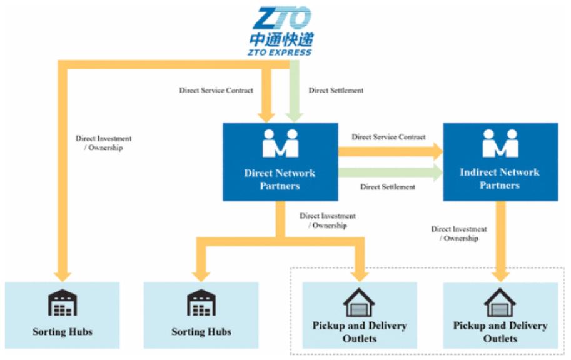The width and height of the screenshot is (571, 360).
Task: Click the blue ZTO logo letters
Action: click(x=282, y=17)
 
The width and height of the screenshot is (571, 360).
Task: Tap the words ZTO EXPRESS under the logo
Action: click(x=280, y=52)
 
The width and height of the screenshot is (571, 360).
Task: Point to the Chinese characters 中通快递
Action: click(x=281, y=39)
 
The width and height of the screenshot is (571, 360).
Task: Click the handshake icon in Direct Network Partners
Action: click(x=280, y=143)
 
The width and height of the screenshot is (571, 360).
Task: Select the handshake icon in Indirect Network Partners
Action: click(x=500, y=143)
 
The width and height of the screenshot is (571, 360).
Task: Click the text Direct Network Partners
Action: click(x=280, y=179)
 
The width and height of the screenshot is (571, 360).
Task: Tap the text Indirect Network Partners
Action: click(x=500, y=179)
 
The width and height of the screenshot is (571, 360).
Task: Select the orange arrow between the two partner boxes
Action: click(x=390, y=151)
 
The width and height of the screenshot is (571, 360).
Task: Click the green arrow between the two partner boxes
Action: click(x=390, y=172)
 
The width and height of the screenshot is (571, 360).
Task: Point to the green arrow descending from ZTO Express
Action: click(x=294, y=91)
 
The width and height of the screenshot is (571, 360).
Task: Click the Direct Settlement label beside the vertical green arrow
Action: click(x=336, y=90)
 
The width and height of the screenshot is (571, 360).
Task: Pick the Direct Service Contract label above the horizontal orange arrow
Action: click(x=388, y=137)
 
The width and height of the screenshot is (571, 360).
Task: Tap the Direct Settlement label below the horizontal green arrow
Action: click(x=388, y=187)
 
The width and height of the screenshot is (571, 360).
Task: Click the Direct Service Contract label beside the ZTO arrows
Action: click(x=216, y=90)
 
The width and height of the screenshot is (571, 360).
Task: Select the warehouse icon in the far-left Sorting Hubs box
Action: click(x=63, y=302)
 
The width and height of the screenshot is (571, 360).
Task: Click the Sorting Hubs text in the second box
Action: click(x=201, y=332)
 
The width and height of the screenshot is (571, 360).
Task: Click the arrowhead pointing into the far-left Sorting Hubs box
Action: click(x=63, y=277)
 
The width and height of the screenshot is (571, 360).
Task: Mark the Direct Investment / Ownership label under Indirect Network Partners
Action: click(x=459, y=234)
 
